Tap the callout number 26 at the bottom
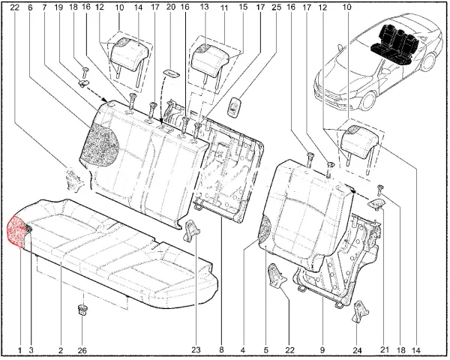click(82, 350)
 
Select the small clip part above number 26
click(82, 310)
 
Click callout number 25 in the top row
click(276, 7)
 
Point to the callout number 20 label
click(171, 7)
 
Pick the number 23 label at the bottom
click(196, 350)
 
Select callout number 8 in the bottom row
click(221, 350)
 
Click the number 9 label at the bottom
click(322, 350)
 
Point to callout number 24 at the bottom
click(357, 350)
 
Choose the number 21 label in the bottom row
click(385, 349)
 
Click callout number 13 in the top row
click(204, 7)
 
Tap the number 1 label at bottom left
click(19, 350)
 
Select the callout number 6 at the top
click(31, 7)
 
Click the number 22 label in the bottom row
click(290, 350)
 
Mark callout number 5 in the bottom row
click(265, 350)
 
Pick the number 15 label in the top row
click(243, 7)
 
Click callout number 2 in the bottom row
click(61, 350)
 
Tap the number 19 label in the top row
click(58, 7)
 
